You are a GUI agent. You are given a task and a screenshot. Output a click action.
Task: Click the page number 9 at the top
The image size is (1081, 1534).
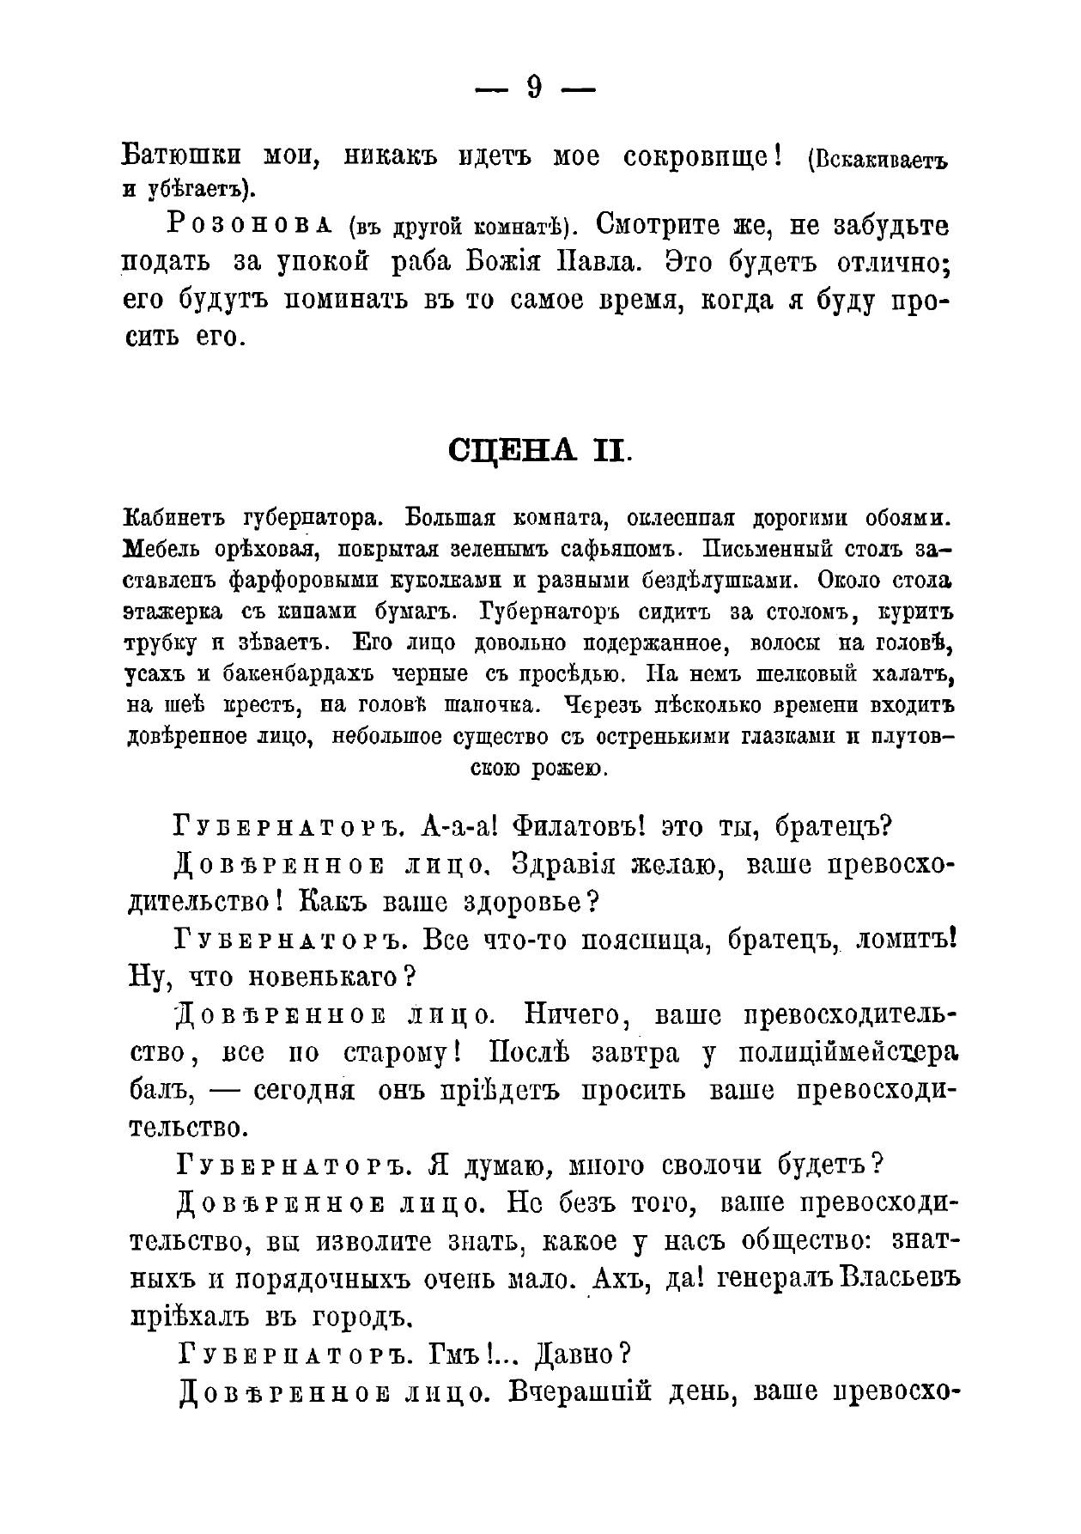tap(534, 88)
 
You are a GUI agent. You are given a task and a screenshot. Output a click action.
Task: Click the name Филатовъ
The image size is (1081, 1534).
tap(578, 827)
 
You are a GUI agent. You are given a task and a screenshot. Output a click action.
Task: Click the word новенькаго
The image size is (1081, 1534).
tap(323, 977)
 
